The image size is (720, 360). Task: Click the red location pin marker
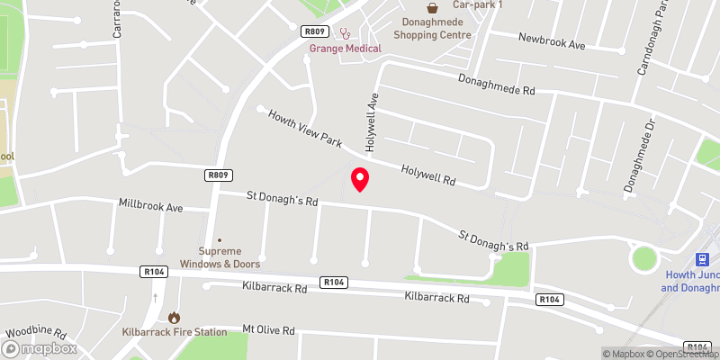[360, 179]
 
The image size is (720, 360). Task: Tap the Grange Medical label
[345, 48]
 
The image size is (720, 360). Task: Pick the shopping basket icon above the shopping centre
[432, 7]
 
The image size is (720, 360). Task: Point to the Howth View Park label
[307, 130]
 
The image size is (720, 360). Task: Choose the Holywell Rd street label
[428, 174]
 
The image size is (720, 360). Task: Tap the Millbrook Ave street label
[150, 206]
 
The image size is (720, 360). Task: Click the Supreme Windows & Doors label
[220, 257]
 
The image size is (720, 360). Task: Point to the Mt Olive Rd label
[269, 330]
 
